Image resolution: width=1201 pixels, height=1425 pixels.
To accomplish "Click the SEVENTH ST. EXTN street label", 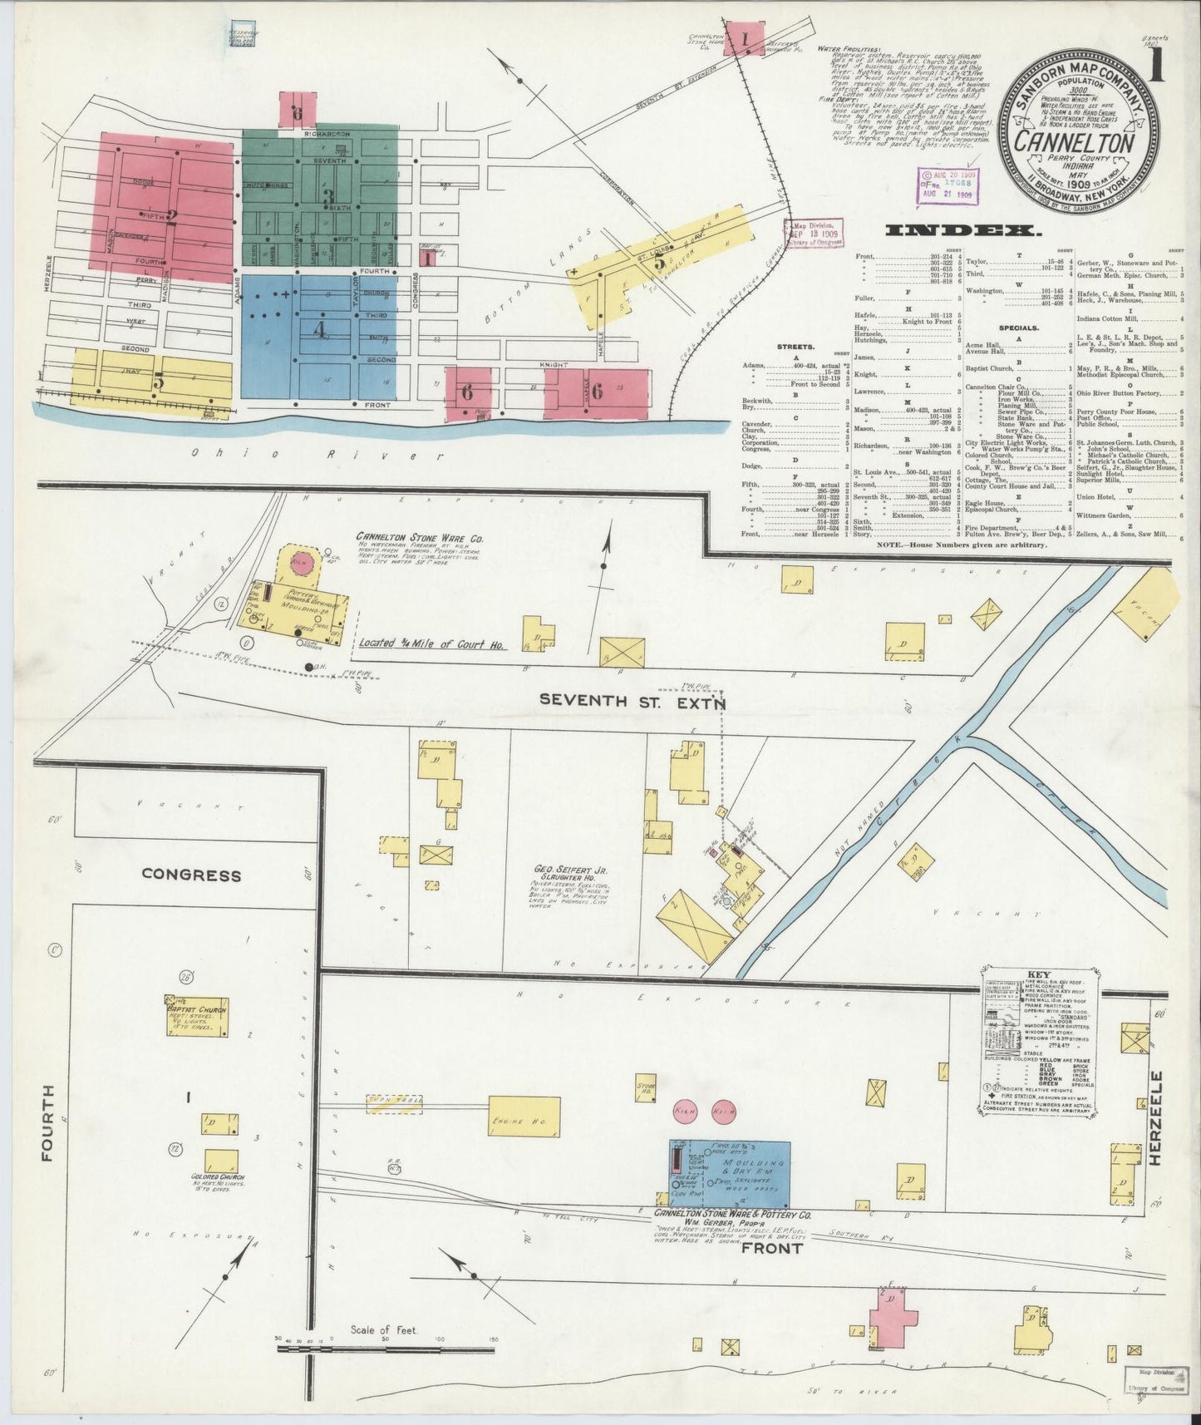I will click(632, 700).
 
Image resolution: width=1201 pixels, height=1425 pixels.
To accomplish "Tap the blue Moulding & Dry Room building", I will click(731, 1171).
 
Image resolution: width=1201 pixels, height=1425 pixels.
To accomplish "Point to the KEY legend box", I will click(1038, 1041).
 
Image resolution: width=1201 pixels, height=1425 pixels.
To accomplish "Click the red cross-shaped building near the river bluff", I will click(893, 1339).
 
